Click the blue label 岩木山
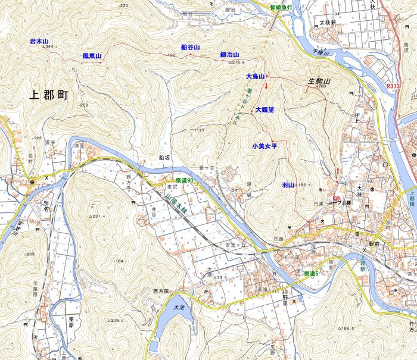point(42,41)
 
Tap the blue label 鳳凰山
point(92,56)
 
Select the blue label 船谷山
point(190,47)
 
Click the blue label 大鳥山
point(255,77)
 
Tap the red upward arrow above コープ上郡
point(338,172)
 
